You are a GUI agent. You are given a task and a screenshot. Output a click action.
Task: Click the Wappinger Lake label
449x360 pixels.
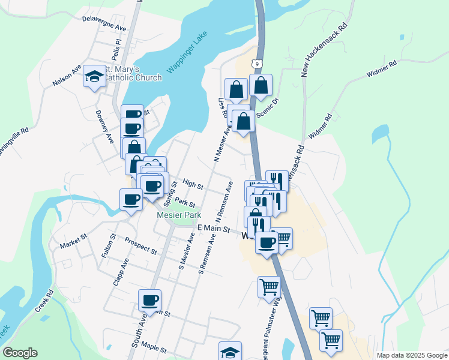(x=187, y=56)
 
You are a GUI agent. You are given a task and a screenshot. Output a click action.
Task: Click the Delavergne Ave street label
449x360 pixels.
(x=104, y=23)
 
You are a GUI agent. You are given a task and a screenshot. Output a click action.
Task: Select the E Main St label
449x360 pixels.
(x=214, y=229)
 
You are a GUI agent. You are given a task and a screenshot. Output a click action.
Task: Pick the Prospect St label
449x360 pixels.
(x=140, y=245)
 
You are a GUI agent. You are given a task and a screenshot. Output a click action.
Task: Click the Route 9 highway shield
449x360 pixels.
(x=257, y=63)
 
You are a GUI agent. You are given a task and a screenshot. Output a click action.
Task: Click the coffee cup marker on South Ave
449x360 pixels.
(x=149, y=300)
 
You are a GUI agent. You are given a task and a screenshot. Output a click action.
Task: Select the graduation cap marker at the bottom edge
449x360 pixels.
(x=230, y=352)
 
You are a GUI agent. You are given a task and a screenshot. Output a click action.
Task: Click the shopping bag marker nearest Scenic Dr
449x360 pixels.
(x=261, y=86)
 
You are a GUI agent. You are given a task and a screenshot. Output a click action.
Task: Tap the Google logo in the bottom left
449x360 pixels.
(x=20, y=352)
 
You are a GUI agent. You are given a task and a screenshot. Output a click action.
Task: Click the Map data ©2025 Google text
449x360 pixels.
(x=411, y=355)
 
